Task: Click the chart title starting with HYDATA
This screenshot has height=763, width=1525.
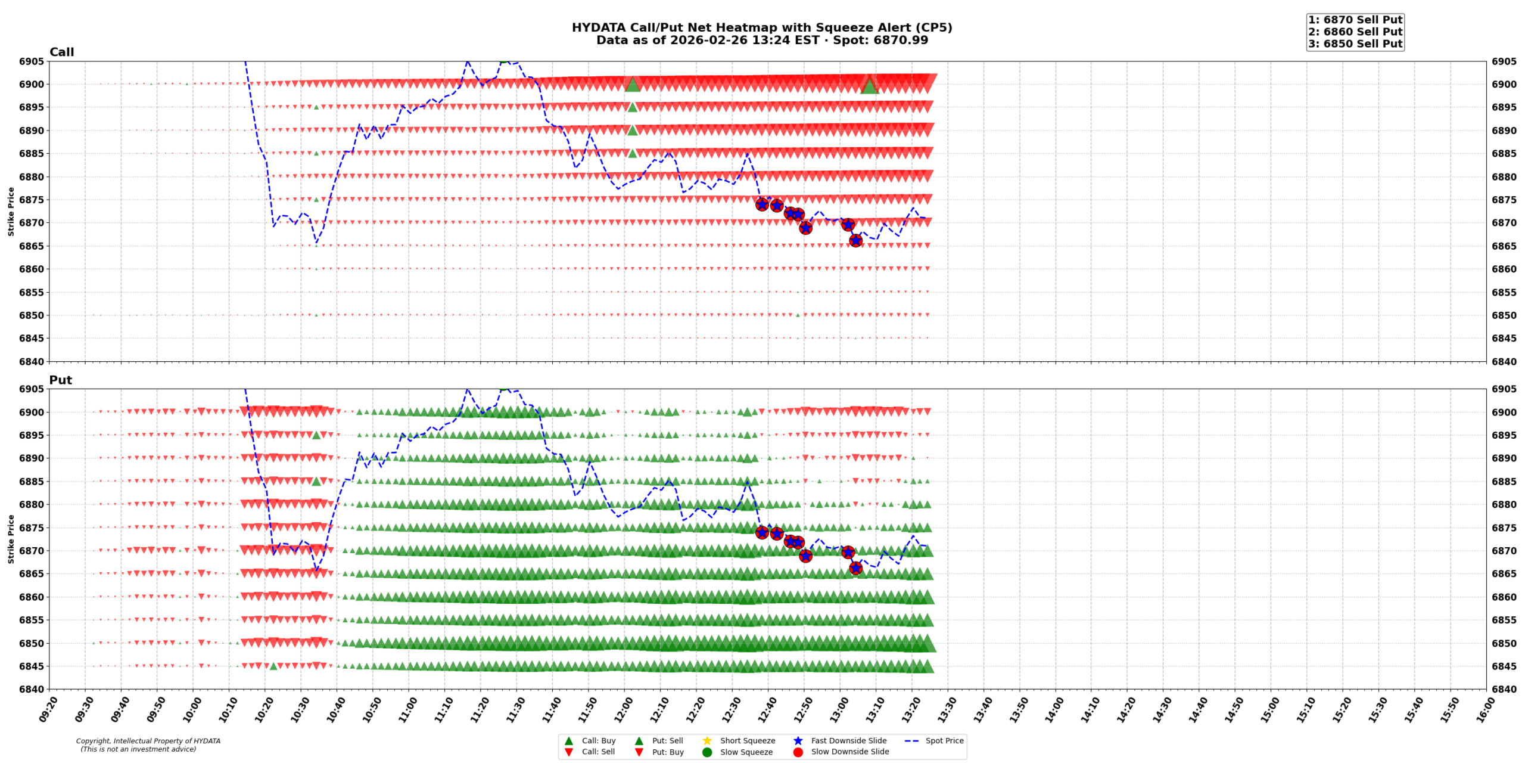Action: (761, 27)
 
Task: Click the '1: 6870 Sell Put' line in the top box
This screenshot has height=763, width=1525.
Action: (1355, 20)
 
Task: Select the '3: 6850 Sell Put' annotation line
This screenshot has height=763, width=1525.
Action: (1355, 44)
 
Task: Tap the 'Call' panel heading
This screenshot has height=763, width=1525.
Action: (61, 52)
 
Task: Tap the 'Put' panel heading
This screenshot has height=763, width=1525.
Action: (60, 380)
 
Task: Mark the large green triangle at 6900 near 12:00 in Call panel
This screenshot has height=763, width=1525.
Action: (632, 85)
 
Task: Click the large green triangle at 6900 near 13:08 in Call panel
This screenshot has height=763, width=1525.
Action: (869, 86)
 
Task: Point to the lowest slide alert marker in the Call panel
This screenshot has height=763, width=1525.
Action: (855, 240)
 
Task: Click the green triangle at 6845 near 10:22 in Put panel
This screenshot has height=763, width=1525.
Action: (273, 666)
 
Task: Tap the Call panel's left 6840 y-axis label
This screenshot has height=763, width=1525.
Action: (32, 361)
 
